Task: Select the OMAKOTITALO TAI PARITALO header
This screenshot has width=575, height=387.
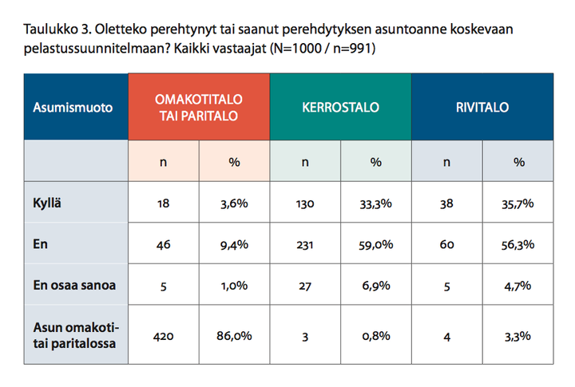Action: point(198,108)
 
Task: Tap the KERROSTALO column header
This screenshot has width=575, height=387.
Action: point(340,108)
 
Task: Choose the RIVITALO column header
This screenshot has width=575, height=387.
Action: point(482,108)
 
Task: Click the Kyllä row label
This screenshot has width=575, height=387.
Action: point(47,203)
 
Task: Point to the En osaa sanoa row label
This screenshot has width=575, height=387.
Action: point(74,285)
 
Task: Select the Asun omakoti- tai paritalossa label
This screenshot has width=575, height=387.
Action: point(76,335)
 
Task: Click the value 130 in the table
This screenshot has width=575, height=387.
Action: point(305,203)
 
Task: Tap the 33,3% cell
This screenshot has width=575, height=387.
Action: point(376,203)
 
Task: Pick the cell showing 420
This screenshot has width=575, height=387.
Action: point(163,336)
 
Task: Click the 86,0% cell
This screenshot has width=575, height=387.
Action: point(234,336)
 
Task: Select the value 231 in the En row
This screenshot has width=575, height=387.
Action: point(305,244)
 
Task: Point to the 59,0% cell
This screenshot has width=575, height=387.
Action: point(376,244)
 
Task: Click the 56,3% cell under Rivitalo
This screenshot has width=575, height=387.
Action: point(517,244)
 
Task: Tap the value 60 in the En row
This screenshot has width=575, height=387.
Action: point(446,244)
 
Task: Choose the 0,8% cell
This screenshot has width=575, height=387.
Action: point(376,336)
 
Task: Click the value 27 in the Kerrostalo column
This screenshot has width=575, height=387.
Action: point(305,286)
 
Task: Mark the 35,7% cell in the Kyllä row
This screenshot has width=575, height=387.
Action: point(517,203)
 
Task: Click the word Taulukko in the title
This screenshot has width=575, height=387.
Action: point(50,29)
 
